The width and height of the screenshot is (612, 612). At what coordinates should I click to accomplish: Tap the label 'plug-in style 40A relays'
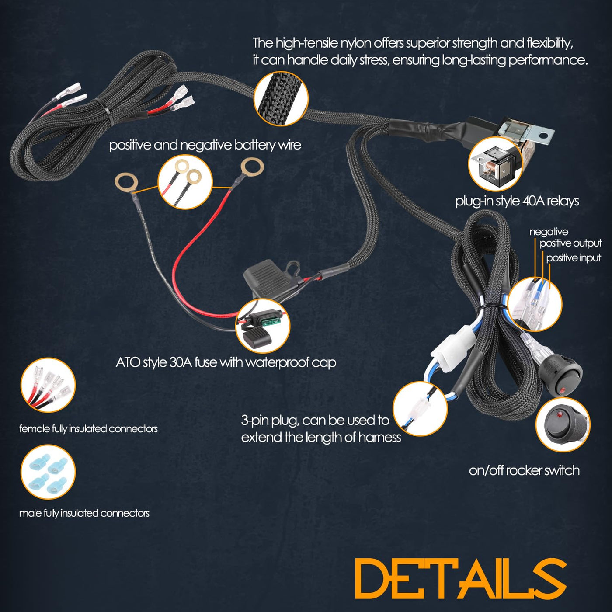coord(517,201)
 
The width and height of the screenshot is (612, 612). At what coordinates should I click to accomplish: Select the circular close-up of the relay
coord(495,164)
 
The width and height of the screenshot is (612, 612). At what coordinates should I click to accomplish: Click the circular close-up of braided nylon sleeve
coord(281,98)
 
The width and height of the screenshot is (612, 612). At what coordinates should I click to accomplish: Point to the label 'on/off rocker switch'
coord(524,470)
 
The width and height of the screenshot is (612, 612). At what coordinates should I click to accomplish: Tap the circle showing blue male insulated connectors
coord(48,472)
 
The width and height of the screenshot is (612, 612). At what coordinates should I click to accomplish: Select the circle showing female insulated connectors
coord(48,385)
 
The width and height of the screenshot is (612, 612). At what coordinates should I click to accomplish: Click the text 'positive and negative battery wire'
coord(205,145)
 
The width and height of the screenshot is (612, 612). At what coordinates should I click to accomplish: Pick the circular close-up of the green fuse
coord(263,326)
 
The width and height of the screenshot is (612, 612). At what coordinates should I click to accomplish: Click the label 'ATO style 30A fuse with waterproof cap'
coord(226,362)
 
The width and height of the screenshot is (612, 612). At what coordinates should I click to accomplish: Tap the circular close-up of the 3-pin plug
coord(420,409)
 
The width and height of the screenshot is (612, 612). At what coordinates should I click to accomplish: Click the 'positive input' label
coord(574,258)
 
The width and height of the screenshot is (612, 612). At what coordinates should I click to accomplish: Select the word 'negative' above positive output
coord(549,232)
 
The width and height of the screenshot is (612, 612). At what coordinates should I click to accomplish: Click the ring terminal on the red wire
coord(252,166)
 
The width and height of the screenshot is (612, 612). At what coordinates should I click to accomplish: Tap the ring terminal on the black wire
coord(126,182)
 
